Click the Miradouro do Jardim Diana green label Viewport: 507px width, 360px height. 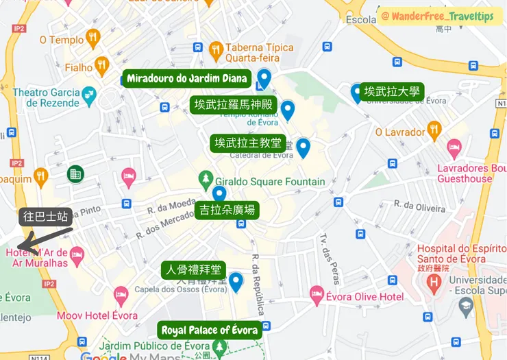pyautogui.click(x=188, y=78)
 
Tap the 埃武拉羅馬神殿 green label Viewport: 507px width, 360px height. pyautogui.click(x=233, y=105)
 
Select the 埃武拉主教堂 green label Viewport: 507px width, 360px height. pyautogui.click(x=247, y=143)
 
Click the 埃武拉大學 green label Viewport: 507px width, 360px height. pyautogui.click(x=393, y=91)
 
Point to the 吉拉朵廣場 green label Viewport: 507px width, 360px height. pyautogui.click(x=225, y=210)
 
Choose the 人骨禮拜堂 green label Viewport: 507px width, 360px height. pyautogui.click(x=193, y=269)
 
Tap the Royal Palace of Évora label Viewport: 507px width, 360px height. pyautogui.click(x=210, y=331)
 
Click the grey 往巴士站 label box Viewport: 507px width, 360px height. pyautogui.click(x=45, y=217)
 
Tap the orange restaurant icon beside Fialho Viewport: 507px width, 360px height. pyautogui.click(x=102, y=65)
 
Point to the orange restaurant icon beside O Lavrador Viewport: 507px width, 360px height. pyautogui.click(x=434, y=130)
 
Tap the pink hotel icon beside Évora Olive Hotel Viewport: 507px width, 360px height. pyautogui.click(x=317, y=294)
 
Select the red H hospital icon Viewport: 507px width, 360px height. pyautogui.click(x=434, y=280)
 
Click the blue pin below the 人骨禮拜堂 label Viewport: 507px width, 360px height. pyautogui.click(x=236, y=281)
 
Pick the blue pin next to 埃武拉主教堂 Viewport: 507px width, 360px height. pyautogui.click(x=303, y=147)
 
